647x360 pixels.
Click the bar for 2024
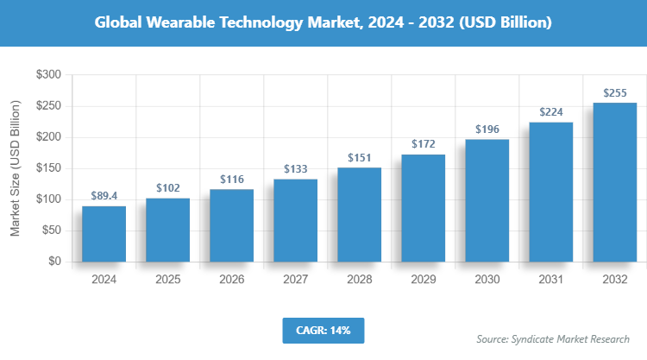pyautogui.click(x=104, y=233)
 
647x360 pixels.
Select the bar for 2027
pyautogui.click(x=295, y=220)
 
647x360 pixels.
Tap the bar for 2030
pyautogui.click(x=487, y=200)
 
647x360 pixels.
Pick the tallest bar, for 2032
pyautogui.click(x=614, y=182)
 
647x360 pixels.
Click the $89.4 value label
pyautogui.click(x=104, y=197)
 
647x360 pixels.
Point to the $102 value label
pyautogui.click(x=167, y=188)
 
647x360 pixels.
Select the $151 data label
pyautogui.click(x=359, y=158)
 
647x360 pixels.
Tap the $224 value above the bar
pyautogui.click(x=550, y=112)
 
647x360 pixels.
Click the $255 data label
pyautogui.click(x=614, y=93)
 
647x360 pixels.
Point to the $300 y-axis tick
pyautogui.click(x=47, y=76)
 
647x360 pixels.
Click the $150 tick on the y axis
pyautogui.click(x=47, y=168)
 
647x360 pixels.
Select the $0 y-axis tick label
pyautogui.click(x=53, y=262)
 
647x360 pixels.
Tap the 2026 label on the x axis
pyautogui.click(x=231, y=280)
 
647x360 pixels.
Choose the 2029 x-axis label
pyautogui.click(x=423, y=280)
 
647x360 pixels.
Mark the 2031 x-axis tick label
pyautogui.click(x=550, y=280)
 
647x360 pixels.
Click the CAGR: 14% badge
pyautogui.click(x=323, y=330)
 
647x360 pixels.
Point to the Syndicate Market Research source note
pyautogui.click(x=553, y=338)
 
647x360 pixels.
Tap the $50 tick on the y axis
pyautogui.click(x=50, y=231)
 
